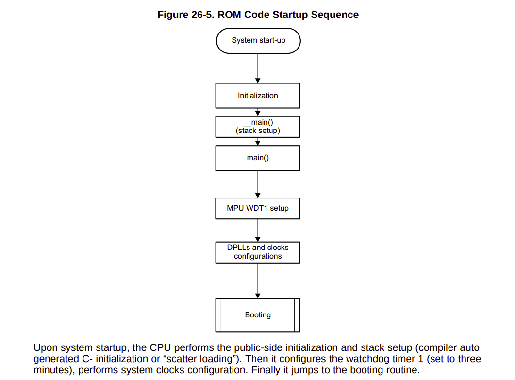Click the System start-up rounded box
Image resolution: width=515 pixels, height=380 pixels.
(x=258, y=40)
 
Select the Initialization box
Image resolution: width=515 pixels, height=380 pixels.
(x=258, y=96)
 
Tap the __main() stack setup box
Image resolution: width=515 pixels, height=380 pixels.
(x=258, y=127)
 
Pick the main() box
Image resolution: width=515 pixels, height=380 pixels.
(x=258, y=158)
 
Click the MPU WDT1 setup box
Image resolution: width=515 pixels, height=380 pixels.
(x=258, y=208)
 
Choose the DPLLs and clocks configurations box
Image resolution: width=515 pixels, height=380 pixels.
(x=258, y=252)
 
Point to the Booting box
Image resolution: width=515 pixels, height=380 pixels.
(x=258, y=315)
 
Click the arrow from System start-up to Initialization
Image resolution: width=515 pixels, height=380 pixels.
(x=258, y=68)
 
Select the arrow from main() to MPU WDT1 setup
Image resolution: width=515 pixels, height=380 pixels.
(x=258, y=184)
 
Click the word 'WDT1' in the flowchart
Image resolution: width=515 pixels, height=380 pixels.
(x=258, y=208)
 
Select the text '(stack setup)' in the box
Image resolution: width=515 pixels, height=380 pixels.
(x=258, y=131)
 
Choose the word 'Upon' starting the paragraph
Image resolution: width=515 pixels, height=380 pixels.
(x=45, y=348)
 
